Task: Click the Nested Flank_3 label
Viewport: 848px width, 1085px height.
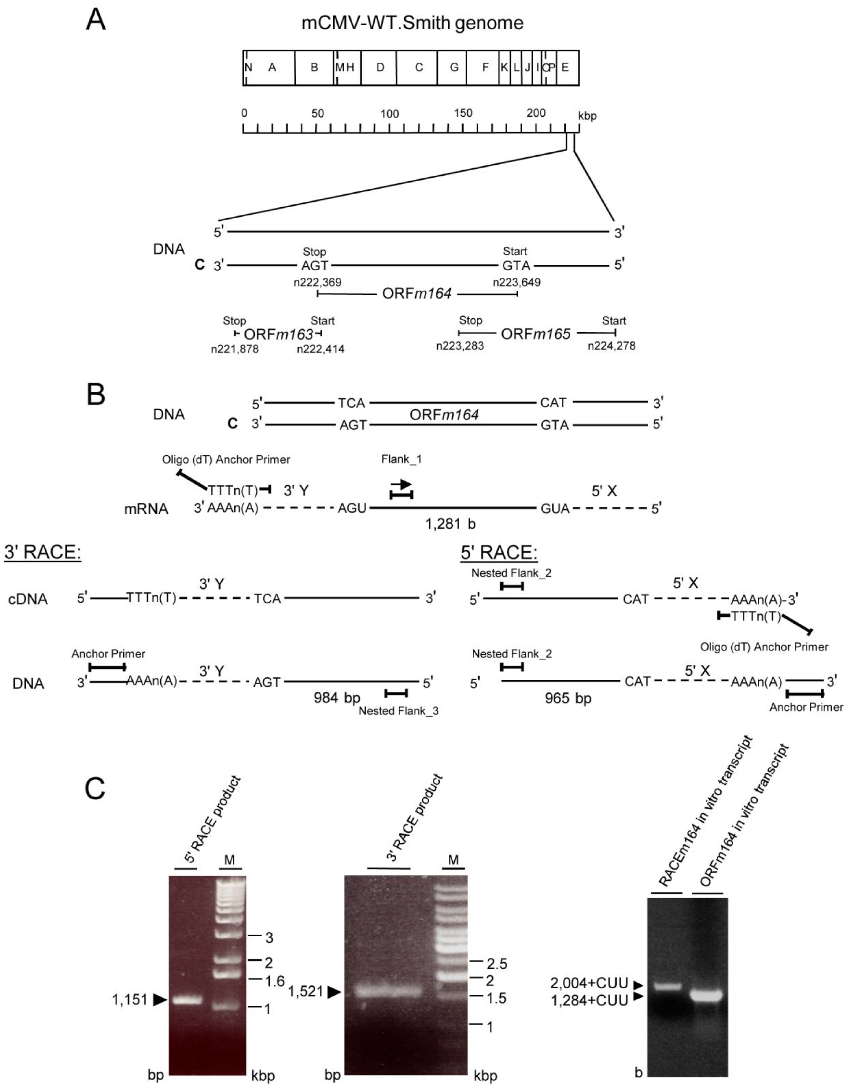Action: pos(398,711)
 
